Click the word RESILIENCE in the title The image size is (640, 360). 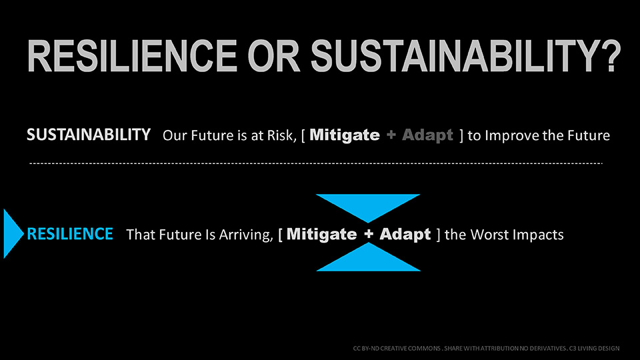pos(132,56)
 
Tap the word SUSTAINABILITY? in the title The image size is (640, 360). pos(466,56)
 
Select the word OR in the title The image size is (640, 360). pos(274,56)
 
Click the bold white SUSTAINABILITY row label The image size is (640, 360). pos(89,135)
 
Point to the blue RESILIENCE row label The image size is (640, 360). pos(70,234)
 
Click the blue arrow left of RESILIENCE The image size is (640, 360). pos(13,233)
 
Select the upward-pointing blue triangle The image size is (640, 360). pos(369,257)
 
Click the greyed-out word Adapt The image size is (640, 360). pos(427,135)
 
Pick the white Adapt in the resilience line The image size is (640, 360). pos(405,235)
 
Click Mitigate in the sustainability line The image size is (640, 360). pos(345,135)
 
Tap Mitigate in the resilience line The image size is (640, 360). pos(321,235)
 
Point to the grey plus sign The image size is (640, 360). pos(391,135)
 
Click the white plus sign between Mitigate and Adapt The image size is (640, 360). pos(369,234)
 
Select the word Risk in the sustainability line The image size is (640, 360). pos(281,135)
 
